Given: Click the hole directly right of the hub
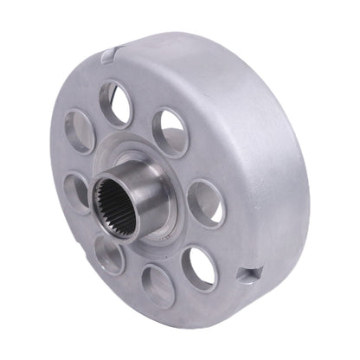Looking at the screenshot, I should tap(205, 204).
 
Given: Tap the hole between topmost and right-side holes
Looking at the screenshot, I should tap(170, 132).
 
